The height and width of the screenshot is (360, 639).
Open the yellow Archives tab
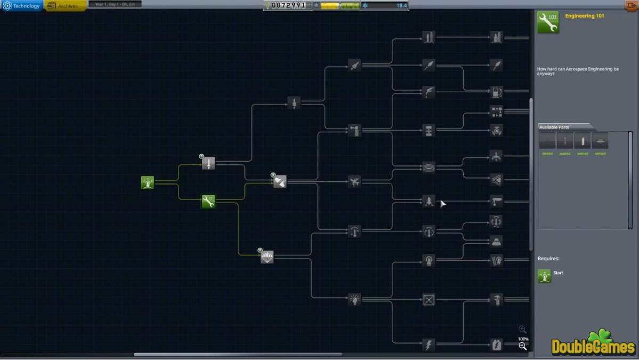pyautogui.click(x=66, y=6)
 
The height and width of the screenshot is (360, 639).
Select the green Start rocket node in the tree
pyautogui.click(x=148, y=182)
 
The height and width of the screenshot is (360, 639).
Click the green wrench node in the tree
pyautogui.click(x=208, y=202)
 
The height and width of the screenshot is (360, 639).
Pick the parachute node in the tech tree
pyautogui.click(x=267, y=257)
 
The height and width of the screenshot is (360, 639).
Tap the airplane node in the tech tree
pyautogui.click(x=354, y=182)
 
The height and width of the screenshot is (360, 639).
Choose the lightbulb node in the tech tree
pyautogui.click(x=354, y=300)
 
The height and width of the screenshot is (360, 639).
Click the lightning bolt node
pyautogui.click(x=428, y=345)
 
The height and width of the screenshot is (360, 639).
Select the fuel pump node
pyautogui.click(x=497, y=92)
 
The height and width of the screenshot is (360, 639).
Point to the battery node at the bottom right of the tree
pyautogui.click(x=497, y=345)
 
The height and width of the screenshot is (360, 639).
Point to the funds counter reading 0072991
pyautogui.click(x=288, y=5)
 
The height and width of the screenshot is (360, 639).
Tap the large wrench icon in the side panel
pyautogui.click(x=548, y=22)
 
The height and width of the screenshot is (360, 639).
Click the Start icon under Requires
pyautogui.click(x=545, y=275)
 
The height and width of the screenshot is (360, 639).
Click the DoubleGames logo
pyautogui.click(x=594, y=343)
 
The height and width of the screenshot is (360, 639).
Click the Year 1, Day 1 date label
pyautogui.click(x=115, y=4)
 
